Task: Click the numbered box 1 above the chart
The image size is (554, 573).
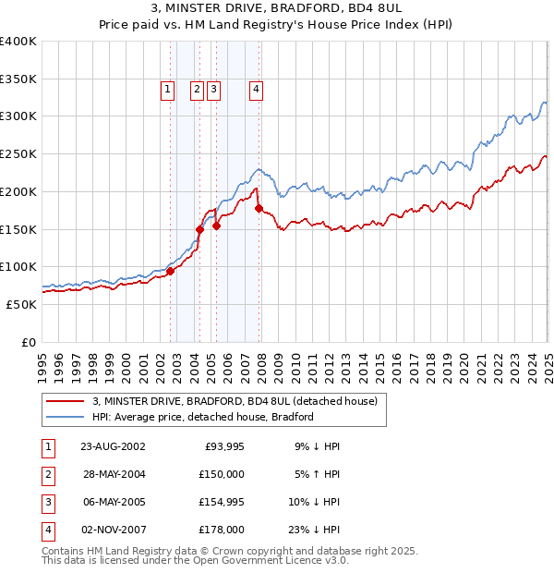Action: point(167,90)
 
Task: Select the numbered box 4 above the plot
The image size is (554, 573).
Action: point(255,90)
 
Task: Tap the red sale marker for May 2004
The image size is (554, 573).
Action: point(199,228)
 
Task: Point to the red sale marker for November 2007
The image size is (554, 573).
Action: point(259,208)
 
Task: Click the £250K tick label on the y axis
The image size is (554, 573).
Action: point(18,154)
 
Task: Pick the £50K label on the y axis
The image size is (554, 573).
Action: point(22,304)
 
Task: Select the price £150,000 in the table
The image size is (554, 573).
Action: point(222,474)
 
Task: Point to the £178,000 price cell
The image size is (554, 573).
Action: point(222,530)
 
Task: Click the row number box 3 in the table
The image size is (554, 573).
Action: point(48,502)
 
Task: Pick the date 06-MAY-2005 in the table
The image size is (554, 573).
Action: point(113,502)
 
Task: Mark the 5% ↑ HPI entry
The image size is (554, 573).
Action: point(317,474)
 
